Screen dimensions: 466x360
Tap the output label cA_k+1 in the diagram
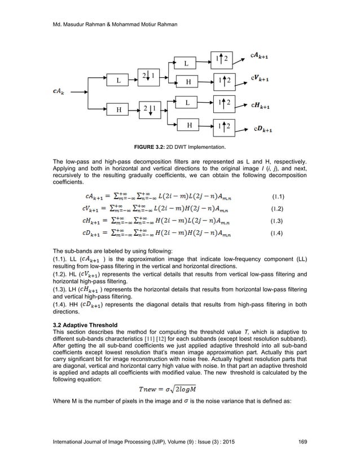coord(264,56)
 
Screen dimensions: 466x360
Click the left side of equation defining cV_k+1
coord(93,209)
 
